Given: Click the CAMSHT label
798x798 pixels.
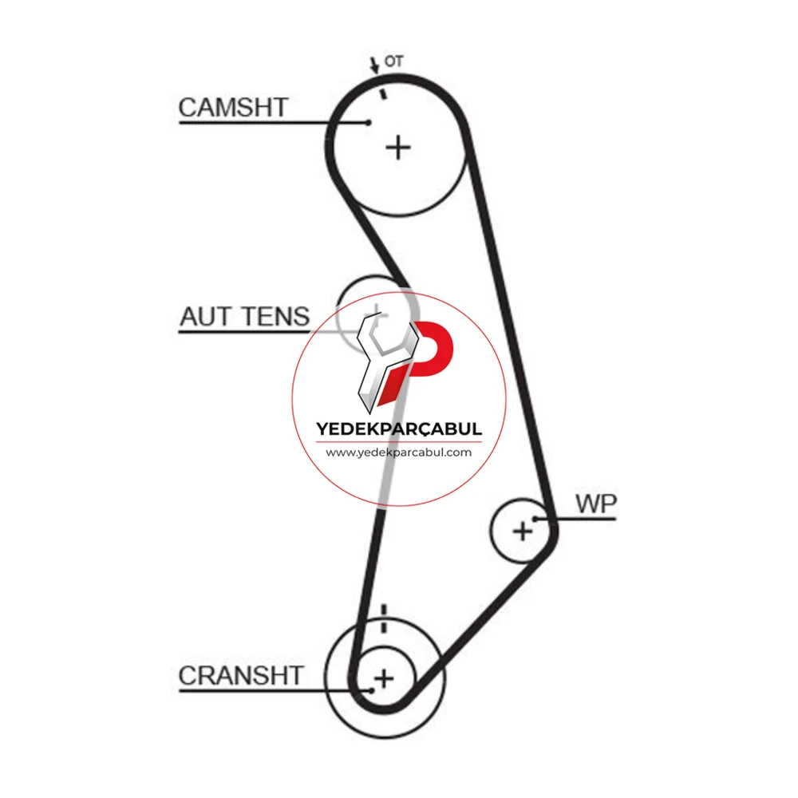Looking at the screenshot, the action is click(234, 108).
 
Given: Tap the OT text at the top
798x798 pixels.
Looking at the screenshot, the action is click(393, 61).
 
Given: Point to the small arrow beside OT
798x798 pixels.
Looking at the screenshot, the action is click(374, 65).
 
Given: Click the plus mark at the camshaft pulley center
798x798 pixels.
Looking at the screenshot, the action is click(398, 148).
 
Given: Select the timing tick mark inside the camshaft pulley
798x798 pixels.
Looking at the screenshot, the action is click(384, 93).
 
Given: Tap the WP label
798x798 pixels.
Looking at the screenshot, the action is click(596, 504).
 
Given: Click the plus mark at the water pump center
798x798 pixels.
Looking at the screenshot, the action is click(523, 531).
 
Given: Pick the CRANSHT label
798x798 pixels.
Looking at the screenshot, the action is click(241, 676).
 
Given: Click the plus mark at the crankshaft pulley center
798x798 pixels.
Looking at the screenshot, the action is click(385, 678).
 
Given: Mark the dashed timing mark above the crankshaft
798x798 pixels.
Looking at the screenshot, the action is click(384, 618).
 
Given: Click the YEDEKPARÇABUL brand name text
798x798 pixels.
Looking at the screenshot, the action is click(399, 429).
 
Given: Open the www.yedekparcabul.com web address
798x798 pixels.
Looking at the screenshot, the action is click(399, 452).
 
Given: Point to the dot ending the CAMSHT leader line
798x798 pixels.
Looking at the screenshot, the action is click(369, 122).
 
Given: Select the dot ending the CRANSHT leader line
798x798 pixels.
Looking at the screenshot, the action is click(372, 690).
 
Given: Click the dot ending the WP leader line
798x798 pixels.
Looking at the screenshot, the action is click(535, 519).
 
